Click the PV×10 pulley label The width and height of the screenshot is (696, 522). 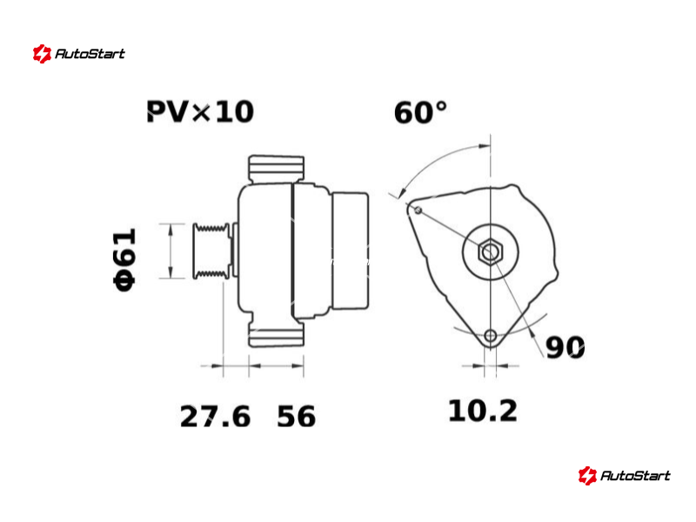200,111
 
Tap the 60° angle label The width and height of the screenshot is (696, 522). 420,112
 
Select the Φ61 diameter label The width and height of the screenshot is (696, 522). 124,259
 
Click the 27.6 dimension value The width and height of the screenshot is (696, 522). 215,417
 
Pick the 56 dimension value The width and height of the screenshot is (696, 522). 296,417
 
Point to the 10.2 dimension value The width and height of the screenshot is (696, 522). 483,411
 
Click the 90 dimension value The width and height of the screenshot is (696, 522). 565,347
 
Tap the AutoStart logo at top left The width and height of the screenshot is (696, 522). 79,54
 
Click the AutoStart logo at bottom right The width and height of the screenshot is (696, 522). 624,475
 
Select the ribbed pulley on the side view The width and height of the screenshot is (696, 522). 211,251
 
